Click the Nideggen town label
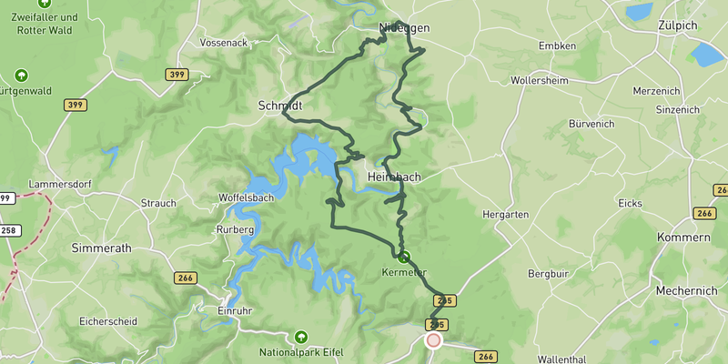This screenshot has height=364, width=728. point(403,28)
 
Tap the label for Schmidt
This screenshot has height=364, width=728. point(279,106)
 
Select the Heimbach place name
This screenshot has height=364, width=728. point(394,177)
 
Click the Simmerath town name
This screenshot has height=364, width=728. point(101,248)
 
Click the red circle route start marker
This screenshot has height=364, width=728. point(433,340)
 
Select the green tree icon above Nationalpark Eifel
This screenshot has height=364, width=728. point(301,337)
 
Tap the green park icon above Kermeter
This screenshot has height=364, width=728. point(403,258)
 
